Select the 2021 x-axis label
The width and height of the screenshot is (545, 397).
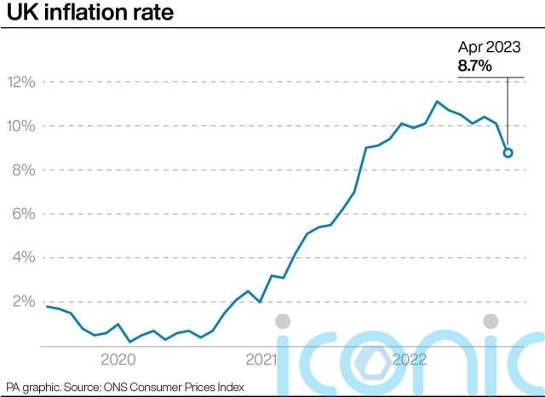point(261,360)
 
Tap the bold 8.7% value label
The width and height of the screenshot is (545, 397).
point(478,65)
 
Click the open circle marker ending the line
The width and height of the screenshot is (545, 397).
point(508,152)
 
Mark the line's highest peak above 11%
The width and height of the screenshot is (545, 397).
point(437,101)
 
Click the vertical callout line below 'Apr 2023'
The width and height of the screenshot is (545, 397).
point(508,111)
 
